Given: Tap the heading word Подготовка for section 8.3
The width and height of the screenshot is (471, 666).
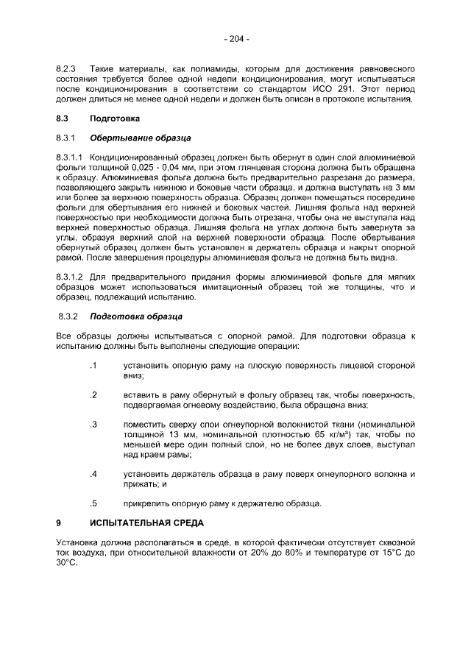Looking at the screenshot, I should (x=114, y=118).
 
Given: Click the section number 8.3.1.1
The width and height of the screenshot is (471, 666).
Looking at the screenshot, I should (x=71, y=157).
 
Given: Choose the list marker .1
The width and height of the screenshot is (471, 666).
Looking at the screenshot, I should (x=93, y=365).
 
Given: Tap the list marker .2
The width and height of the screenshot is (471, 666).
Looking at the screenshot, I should (x=93, y=395).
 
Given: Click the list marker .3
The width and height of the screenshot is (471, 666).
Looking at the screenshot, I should (x=93, y=425).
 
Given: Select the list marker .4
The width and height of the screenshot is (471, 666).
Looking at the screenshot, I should (x=93, y=474).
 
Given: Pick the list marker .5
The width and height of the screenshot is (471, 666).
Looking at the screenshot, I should (x=93, y=504).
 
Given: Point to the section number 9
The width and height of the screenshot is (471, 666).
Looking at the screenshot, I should (x=58, y=524).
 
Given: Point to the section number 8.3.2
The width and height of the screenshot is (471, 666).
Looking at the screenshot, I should (x=68, y=316).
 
